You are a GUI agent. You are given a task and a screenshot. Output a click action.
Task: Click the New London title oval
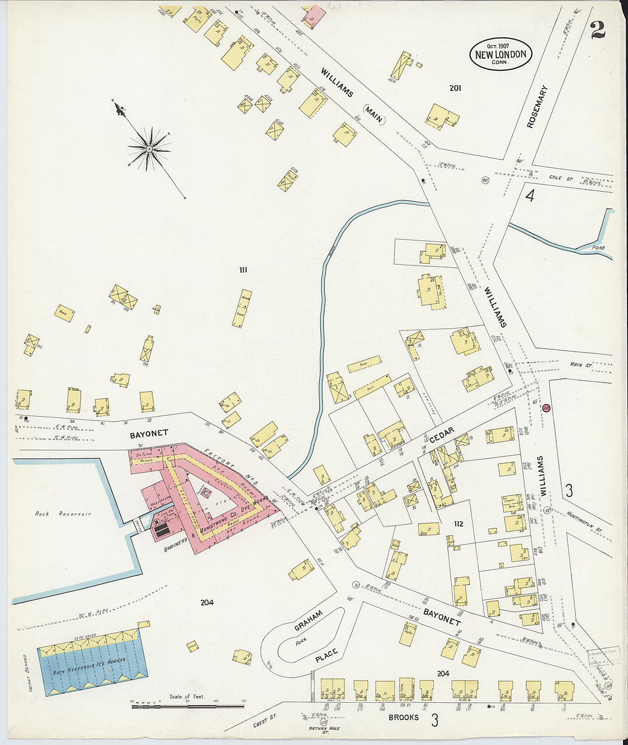pos(501,54)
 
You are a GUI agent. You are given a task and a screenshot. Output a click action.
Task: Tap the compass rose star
pos(149,149)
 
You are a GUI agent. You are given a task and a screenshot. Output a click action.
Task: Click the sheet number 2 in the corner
pos(598,30)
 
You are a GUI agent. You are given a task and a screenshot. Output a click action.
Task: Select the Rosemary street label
pos(537,106)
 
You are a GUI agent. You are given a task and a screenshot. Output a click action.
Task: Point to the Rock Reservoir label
pos(63,514)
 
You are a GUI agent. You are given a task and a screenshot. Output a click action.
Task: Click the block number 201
pos(455,88)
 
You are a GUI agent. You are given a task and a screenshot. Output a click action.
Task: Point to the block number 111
pos(243,270)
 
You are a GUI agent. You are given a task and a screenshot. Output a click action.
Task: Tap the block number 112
pos(458,524)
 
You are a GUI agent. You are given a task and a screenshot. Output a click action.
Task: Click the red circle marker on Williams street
pos(546,408)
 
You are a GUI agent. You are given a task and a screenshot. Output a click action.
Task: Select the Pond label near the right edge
pos(598,248)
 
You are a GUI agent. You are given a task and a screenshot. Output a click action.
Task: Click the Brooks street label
pos(404,718)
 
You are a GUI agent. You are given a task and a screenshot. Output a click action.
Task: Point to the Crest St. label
pos(264,723)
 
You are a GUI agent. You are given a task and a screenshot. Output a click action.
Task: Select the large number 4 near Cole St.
pos(530,196)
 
